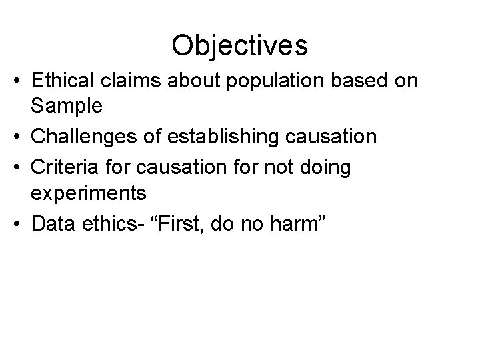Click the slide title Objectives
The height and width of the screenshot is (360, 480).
[x=239, y=45]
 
